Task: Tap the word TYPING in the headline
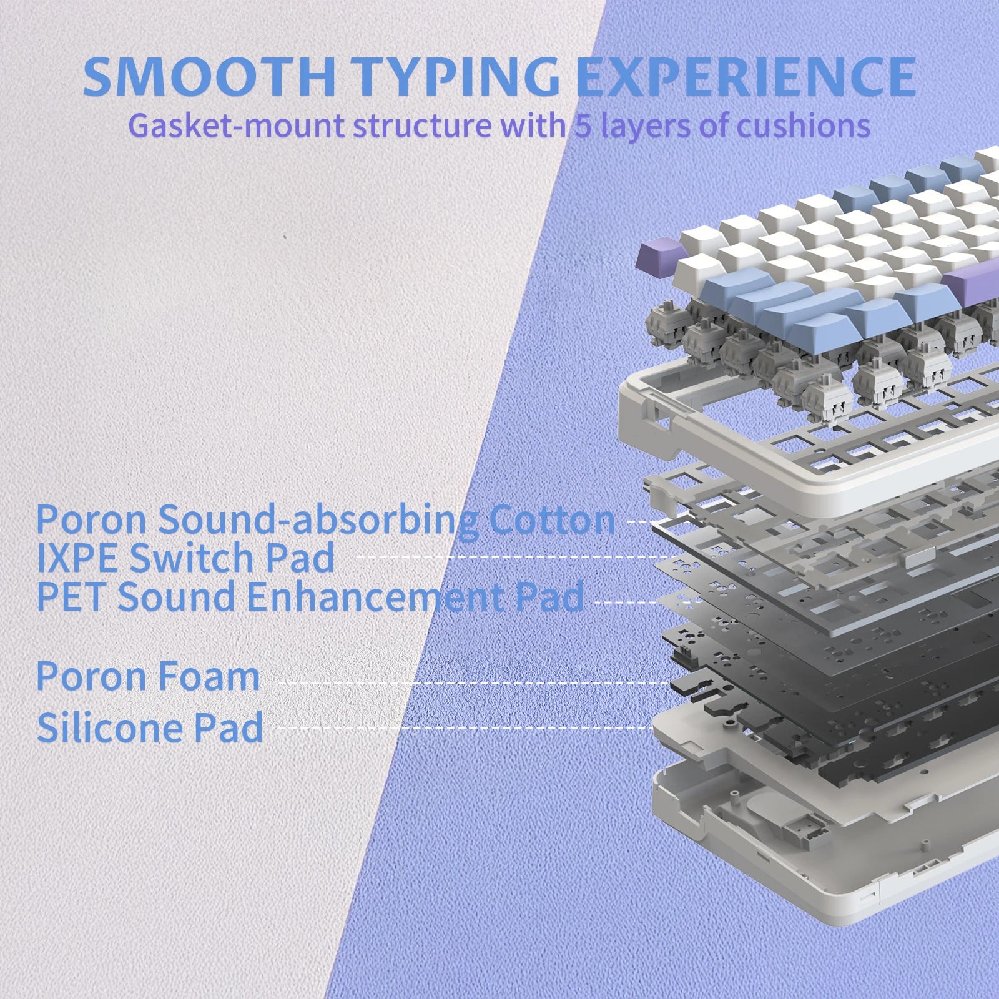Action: pyautogui.click(x=460, y=77)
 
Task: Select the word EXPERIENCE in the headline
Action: pyautogui.click(x=746, y=77)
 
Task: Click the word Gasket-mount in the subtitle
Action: pyautogui.click(x=237, y=126)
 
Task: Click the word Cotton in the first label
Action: pyautogui.click(x=552, y=519)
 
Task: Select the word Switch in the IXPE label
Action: pyautogui.click(x=193, y=558)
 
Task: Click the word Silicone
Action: pyautogui.click(x=109, y=727)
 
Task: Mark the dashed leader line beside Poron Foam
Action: pyautogui.click(x=473, y=683)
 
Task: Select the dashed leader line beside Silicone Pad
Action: pyautogui.click(x=465, y=727)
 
